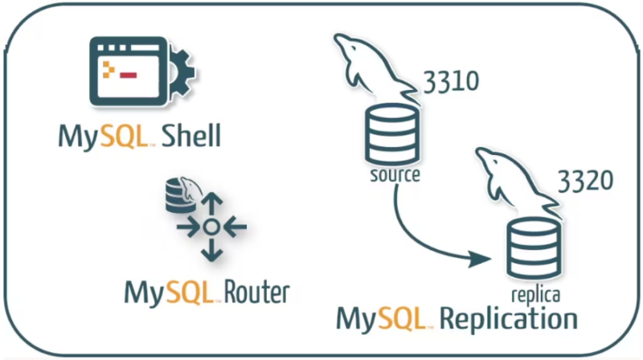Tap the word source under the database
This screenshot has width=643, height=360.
(394, 174)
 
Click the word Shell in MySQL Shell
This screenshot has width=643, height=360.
(190, 135)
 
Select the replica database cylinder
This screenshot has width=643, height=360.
(534, 249)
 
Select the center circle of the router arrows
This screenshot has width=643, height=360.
(211, 227)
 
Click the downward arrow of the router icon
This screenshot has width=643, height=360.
(211, 250)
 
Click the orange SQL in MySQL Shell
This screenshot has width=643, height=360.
(121, 135)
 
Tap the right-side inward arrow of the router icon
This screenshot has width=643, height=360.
(234, 227)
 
